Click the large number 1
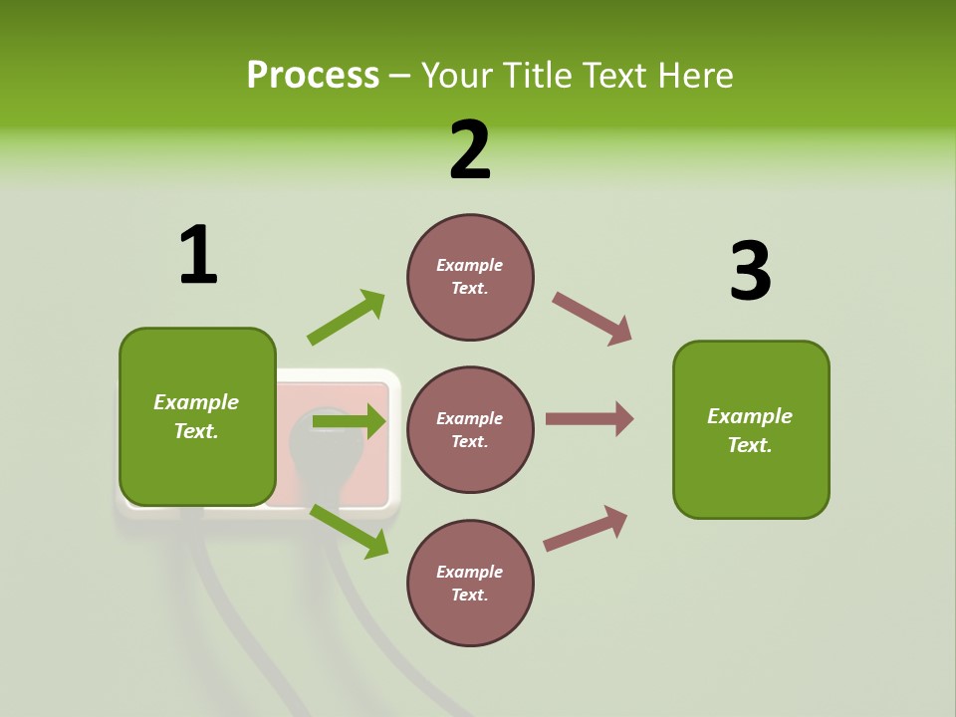point(198,255)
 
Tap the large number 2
point(470,151)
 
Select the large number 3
point(750,271)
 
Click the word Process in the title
point(313,76)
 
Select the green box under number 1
point(197,416)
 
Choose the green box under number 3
point(751,429)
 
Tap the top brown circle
point(470,277)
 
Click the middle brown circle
point(470,429)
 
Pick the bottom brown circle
point(470,583)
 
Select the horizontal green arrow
point(349,422)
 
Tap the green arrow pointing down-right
point(349,531)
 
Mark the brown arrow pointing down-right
point(593,319)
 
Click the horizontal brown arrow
point(590,419)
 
